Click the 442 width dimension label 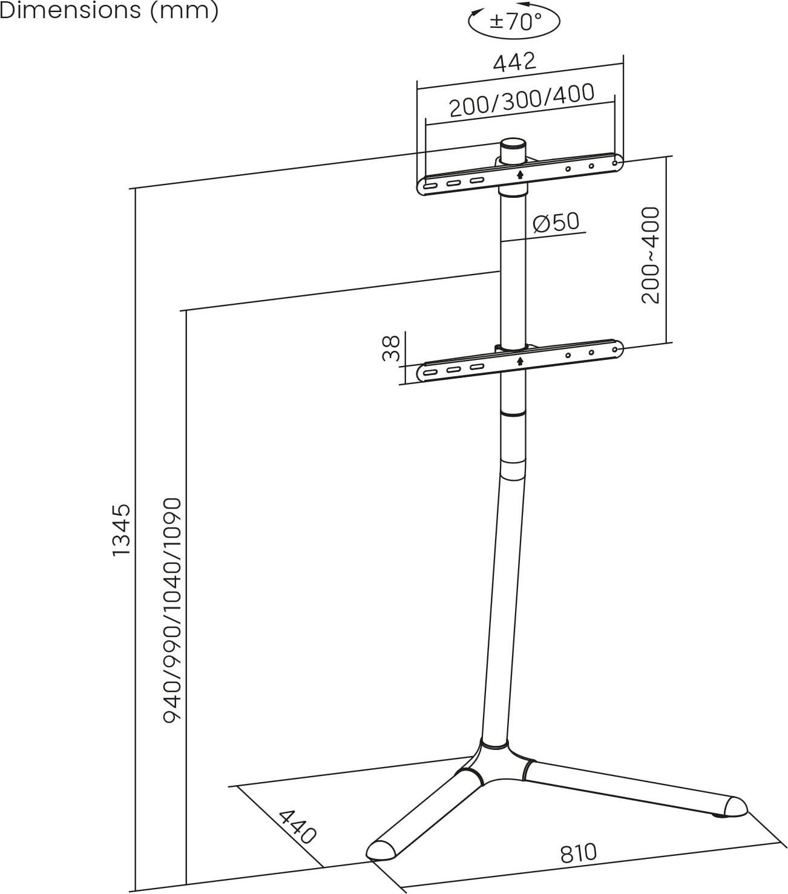tap(514, 62)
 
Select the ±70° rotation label tap(515, 22)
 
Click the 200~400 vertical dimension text tap(651, 255)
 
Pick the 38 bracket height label tap(392, 348)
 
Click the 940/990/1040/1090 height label tap(173, 610)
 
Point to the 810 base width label tap(578, 853)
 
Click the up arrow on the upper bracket tap(520, 174)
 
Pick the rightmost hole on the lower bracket tap(616, 348)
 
